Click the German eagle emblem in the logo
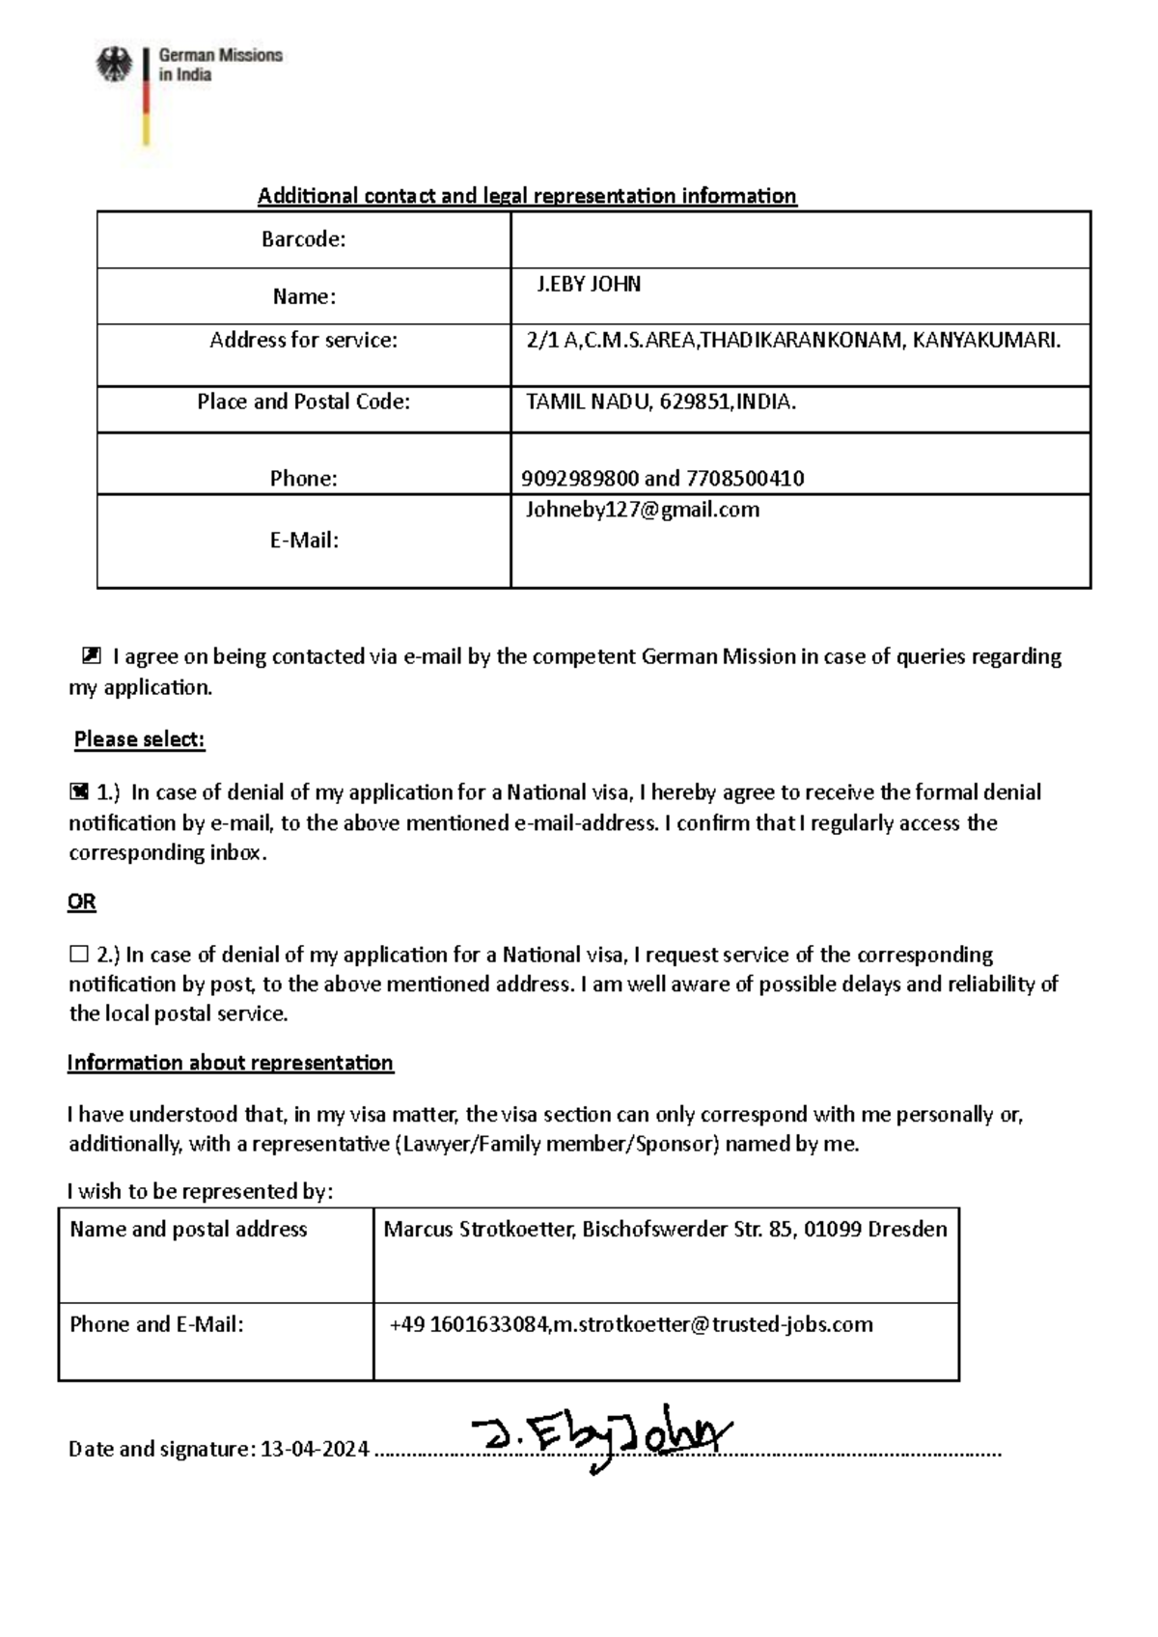(x=114, y=67)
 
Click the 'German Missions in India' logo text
(x=220, y=65)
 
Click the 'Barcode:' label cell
(x=303, y=239)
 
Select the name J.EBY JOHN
(x=589, y=285)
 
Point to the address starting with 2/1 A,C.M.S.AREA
(x=792, y=340)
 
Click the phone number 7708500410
(x=744, y=479)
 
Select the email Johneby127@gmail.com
(x=642, y=511)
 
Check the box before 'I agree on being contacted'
(x=91, y=657)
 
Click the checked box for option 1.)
(x=79, y=792)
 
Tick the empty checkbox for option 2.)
(x=78, y=955)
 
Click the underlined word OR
(x=82, y=902)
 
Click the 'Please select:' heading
(x=140, y=739)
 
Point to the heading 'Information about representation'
(x=230, y=1063)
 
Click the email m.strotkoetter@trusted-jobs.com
(x=713, y=1324)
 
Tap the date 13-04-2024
(x=315, y=1449)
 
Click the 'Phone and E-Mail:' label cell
(x=156, y=1324)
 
